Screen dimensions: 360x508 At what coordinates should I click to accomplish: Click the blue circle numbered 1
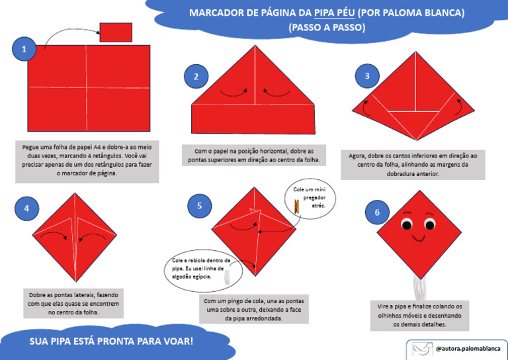pyautogui.click(x=24, y=49)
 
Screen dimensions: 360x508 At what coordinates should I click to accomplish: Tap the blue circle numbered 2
pyautogui.click(x=196, y=77)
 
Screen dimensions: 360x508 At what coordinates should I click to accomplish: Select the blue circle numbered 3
pyautogui.click(x=367, y=75)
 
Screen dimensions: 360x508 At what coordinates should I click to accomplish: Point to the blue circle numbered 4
pyautogui.click(x=26, y=208)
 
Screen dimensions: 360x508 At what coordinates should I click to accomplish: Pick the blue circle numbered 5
pyautogui.click(x=199, y=206)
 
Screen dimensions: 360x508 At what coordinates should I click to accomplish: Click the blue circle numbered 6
pyautogui.click(x=377, y=212)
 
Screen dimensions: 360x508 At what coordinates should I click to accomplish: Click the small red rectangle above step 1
pyautogui.click(x=116, y=32)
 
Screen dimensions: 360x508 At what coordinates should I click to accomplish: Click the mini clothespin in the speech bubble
pyautogui.click(x=297, y=208)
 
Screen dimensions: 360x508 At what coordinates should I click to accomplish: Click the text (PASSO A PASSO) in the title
pyautogui.click(x=327, y=28)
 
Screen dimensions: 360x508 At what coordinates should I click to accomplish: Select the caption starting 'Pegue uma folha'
pyautogui.click(x=87, y=160)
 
